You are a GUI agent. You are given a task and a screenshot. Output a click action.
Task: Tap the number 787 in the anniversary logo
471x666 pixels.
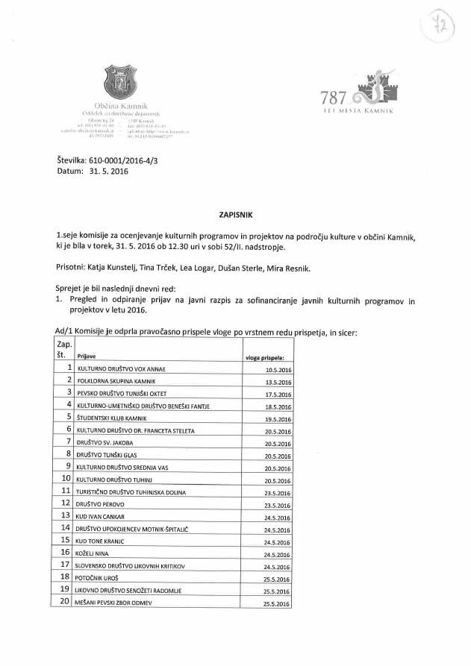333,98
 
